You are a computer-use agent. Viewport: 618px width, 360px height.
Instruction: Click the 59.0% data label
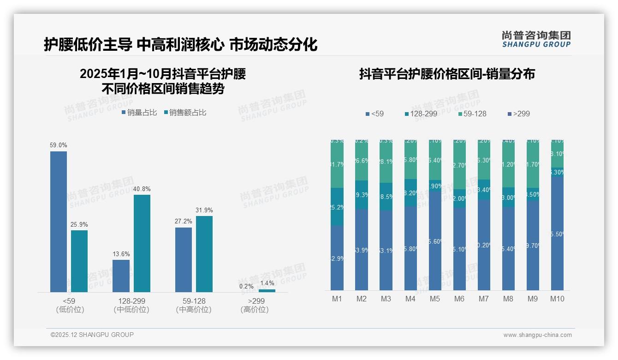[x=59, y=145]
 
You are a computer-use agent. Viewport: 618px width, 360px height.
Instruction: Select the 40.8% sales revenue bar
[x=142, y=243]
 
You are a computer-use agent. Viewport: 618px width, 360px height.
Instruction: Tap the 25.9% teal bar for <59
[x=79, y=261]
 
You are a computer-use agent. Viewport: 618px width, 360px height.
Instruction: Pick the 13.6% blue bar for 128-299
[x=121, y=276]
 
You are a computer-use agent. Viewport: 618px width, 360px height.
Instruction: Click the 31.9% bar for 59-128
[x=204, y=254]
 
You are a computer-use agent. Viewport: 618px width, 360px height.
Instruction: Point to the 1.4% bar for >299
[x=267, y=290]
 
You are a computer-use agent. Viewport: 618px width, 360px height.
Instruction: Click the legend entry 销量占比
[x=139, y=113]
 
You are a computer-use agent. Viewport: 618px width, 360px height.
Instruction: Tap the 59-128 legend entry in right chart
[x=472, y=114]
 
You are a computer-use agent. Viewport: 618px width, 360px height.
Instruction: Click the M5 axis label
[x=435, y=299]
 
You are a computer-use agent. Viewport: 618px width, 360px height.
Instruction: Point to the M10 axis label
[x=557, y=299]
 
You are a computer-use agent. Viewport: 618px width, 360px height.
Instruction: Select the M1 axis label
[x=337, y=299]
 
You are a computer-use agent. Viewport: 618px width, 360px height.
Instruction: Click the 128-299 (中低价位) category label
[x=131, y=305]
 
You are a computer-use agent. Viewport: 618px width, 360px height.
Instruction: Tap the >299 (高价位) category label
[x=255, y=305]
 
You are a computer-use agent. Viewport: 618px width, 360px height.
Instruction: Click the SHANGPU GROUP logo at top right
[x=536, y=39]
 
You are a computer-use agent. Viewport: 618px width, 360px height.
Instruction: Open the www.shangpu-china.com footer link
[x=537, y=335]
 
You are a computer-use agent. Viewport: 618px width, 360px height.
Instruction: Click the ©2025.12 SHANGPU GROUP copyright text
[x=92, y=335]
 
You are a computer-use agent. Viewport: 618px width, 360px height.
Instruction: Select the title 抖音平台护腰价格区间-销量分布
[x=447, y=74]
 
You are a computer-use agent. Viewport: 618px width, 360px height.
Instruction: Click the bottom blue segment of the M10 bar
[x=557, y=233]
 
